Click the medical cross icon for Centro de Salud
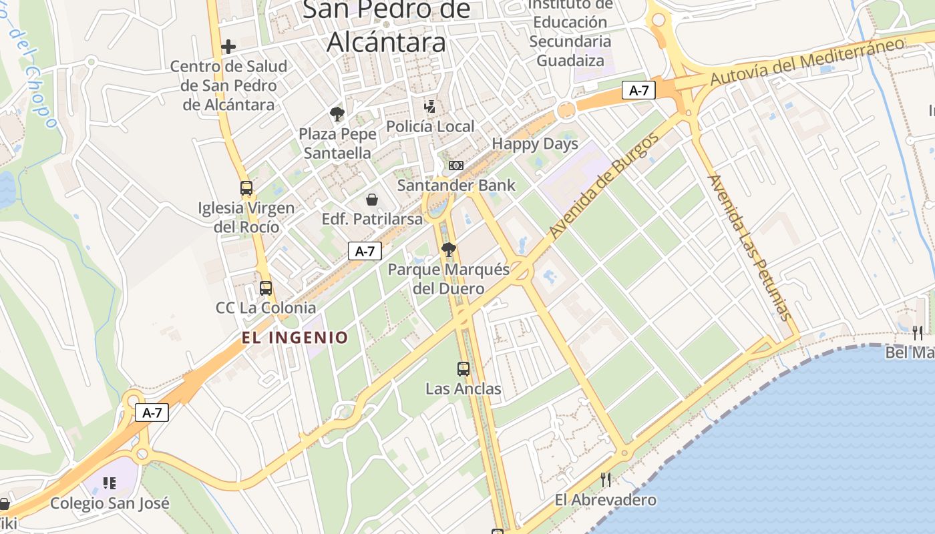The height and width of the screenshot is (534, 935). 228,47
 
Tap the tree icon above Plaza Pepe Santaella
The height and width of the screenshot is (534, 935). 337,114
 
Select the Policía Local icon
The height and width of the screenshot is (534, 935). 431,106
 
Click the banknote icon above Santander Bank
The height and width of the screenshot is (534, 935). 456,165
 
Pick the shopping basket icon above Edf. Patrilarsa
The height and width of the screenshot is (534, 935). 372,200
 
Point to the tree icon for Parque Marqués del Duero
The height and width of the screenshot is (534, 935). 449,250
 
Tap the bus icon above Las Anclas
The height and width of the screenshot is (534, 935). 463,368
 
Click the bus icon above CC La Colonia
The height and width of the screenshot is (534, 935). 266,288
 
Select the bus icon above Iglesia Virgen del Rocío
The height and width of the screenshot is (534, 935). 246,188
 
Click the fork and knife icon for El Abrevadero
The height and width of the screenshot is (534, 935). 606,479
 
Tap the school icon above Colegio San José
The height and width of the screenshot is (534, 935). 110,483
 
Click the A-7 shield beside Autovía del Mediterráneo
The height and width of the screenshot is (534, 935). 638,90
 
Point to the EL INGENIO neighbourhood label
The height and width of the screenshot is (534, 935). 295,338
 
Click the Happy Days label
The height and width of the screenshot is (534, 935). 535,144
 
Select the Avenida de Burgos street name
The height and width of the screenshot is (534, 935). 604,186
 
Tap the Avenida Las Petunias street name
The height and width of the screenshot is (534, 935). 749,248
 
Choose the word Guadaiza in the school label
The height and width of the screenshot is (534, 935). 570,61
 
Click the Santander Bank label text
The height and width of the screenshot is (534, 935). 456,185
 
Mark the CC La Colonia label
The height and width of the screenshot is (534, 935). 266,308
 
